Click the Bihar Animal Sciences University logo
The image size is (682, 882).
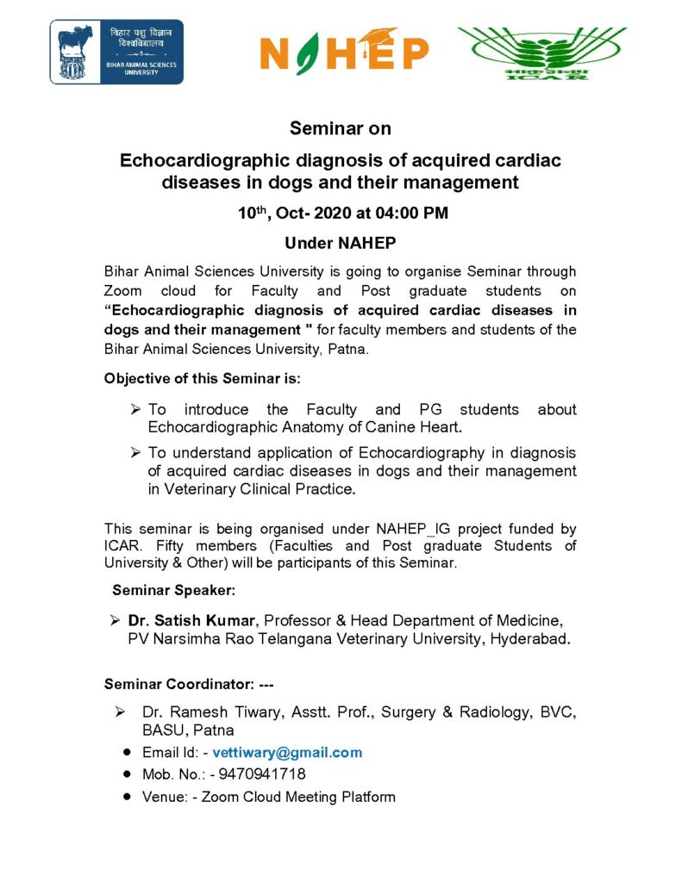(116, 52)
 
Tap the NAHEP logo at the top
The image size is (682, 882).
(344, 53)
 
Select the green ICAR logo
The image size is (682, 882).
(541, 53)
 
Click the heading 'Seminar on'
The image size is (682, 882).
(341, 129)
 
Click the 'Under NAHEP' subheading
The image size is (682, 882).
(341, 243)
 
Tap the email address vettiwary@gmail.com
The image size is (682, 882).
(287, 752)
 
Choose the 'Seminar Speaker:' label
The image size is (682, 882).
(173, 590)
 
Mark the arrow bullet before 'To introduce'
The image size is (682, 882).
(135, 409)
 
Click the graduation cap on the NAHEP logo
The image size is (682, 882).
(382, 35)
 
